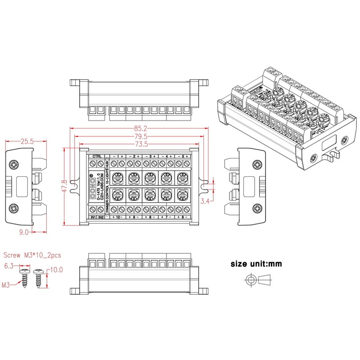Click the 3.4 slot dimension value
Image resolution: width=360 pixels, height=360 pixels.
pos(206,201)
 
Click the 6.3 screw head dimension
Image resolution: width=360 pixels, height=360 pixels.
pos(9,266)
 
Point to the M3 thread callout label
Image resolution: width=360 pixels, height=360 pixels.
pos(6,285)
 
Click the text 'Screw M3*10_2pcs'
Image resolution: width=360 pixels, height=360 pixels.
pos(32,255)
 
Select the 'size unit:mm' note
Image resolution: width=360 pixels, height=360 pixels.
pos(256,264)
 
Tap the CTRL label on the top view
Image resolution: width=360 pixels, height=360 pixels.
pos(97,156)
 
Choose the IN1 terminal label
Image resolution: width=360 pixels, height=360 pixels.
pos(93,218)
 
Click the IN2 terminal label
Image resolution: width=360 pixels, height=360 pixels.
pos(101,218)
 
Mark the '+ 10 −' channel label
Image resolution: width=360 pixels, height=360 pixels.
pos(117,218)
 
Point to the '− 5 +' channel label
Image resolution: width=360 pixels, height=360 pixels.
pos(183,156)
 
